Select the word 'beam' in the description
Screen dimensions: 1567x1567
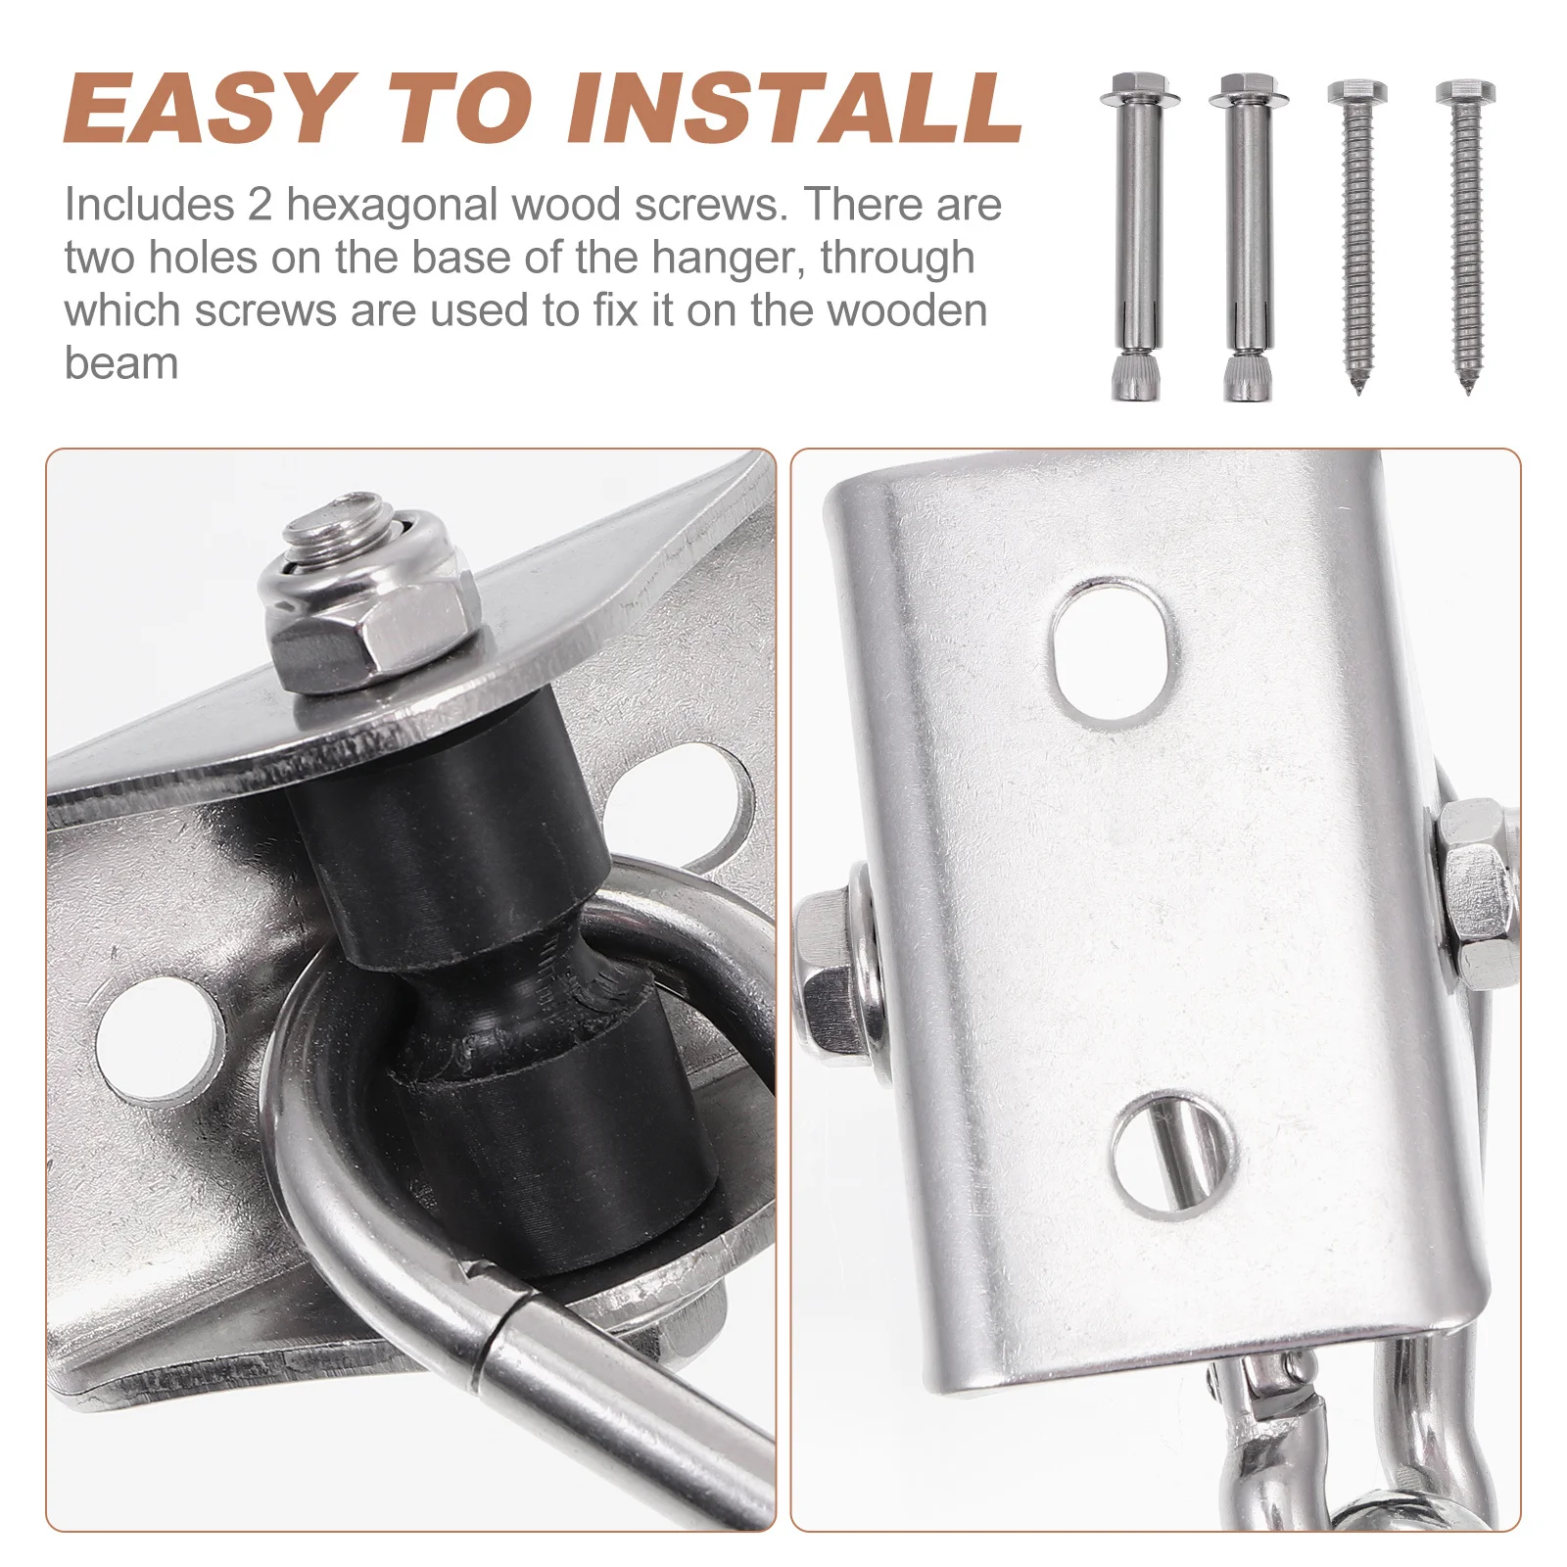[121, 363]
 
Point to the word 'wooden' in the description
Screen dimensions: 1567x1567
[907, 310]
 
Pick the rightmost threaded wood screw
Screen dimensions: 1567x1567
[1466, 238]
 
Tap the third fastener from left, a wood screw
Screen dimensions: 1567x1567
[1357, 238]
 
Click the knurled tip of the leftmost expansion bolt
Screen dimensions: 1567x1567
[1139, 377]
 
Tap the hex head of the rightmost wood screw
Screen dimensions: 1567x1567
[1466, 94]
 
